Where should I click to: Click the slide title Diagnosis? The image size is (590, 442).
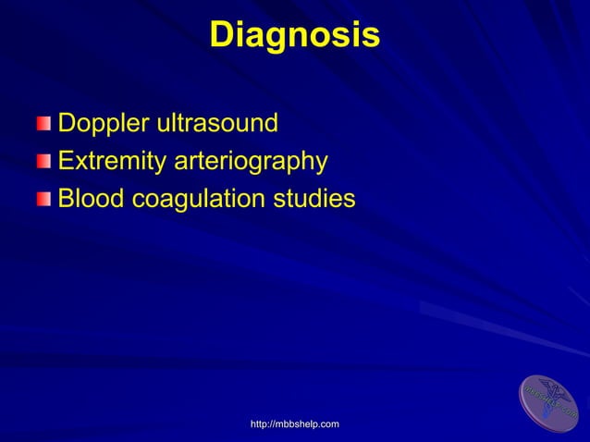coord(294,35)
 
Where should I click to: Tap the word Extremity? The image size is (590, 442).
coord(112,162)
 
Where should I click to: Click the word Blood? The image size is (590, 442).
coord(86,199)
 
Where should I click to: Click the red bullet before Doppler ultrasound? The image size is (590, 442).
coord(45,124)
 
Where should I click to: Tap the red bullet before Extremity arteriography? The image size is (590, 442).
coord(45,162)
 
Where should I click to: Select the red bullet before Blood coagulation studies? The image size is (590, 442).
coord(45,199)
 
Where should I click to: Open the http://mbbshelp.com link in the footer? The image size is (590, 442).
coord(295,424)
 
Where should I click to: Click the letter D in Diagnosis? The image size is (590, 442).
coord(223,35)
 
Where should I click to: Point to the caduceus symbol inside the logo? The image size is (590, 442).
coord(551,399)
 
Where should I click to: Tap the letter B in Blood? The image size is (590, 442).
coord(66,199)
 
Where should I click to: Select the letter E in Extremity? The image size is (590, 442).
coord(66,162)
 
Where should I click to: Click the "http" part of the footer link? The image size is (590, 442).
coord(260,424)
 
